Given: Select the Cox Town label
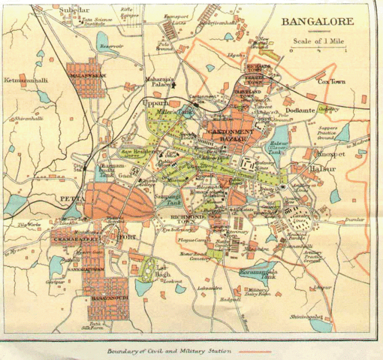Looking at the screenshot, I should [331, 80].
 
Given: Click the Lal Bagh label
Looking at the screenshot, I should [166, 268].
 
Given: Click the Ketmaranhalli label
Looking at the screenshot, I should [26, 79].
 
